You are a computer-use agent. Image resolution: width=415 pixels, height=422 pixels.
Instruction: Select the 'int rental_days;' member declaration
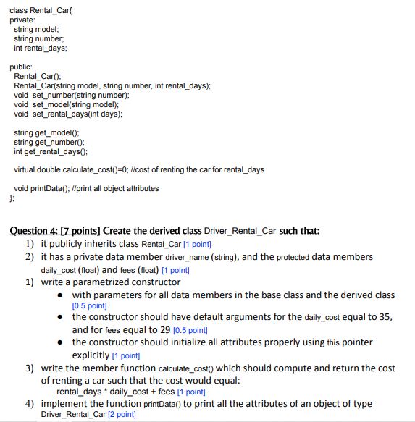point(41,48)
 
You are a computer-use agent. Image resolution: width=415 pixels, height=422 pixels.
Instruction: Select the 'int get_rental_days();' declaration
point(51,151)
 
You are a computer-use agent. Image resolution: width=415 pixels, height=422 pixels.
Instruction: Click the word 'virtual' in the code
point(28,170)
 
